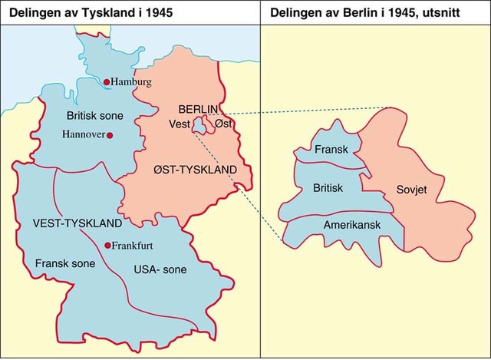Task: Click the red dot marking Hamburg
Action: pyautogui.click(x=107, y=81)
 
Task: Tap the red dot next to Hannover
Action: pyautogui.click(x=110, y=135)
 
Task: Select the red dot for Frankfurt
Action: pyautogui.click(x=107, y=246)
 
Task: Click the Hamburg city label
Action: pyautogui.click(x=132, y=81)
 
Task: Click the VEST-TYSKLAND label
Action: pyautogui.click(x=77, y=223)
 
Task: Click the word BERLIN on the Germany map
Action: pyautogui.click(x=198, y=108)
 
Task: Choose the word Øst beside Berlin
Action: pyautogui.click(x=223, y=124)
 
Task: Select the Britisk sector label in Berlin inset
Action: pyautogui.click(x=328, y=187)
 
